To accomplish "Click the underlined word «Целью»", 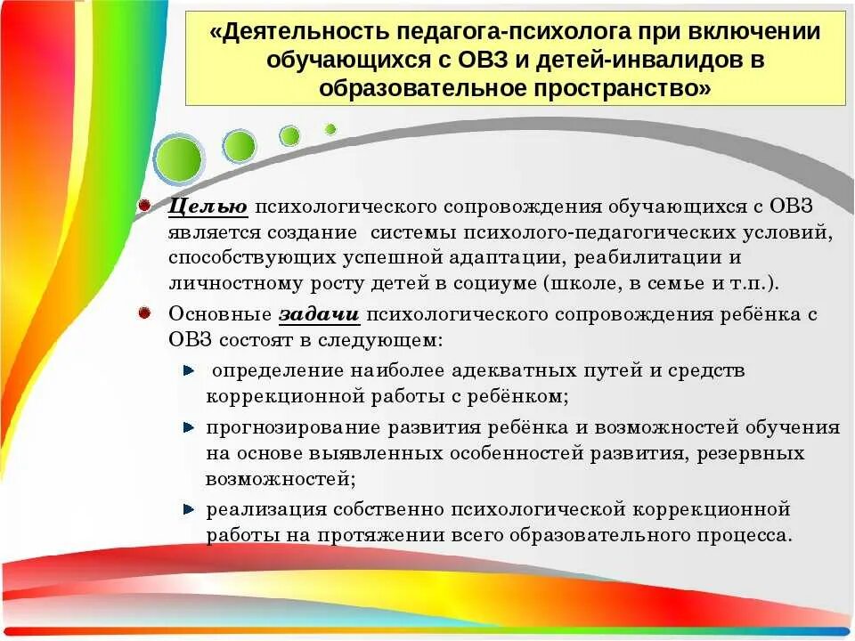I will tap(208, 207).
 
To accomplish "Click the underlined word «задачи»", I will tap(319, 314).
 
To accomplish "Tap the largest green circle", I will tap(179, 158).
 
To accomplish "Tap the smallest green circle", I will tap(330, 129).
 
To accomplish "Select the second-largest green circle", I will tap(239, 146).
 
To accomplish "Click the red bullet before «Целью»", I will tap(144, 205).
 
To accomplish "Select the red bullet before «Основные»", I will tap(144, 312).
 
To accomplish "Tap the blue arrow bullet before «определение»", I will tap(189, 369).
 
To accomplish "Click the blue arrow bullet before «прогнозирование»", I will tap(189, 427).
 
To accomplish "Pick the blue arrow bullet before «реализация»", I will tap(189, 510).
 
